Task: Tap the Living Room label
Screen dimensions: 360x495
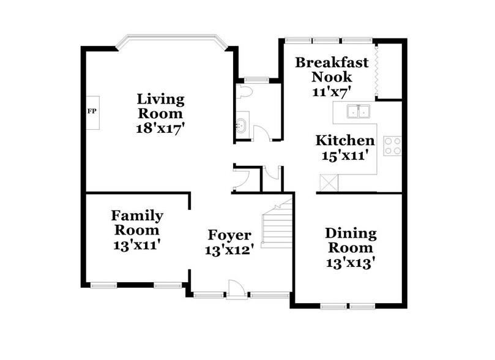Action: (x=160, y=106)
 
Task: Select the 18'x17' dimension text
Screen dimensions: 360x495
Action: (x=160, y=129)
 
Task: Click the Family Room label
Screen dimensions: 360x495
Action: (x=137, y=223)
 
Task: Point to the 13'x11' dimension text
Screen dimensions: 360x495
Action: (x=137, y=246)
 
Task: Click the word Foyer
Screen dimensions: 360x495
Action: (x=229, y=236)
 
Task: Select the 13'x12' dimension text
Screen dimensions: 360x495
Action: (x=229, y=250)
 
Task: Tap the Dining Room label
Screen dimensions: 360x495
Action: (x=349, y=241)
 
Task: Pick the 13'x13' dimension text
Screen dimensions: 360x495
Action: (x=349, y=263)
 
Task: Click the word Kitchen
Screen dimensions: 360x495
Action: (x=344, y=141)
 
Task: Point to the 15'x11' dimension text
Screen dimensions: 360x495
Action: (x=344, y=156)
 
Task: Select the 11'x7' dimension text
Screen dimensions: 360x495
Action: (x=332, y=92)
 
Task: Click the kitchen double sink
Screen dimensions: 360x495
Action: (x=358, y=111)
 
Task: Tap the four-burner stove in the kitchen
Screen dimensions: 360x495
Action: (x=392, y=145)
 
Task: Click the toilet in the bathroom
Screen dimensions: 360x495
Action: (x=244, y=92)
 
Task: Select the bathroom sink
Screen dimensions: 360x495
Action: (x=240, y=126)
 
